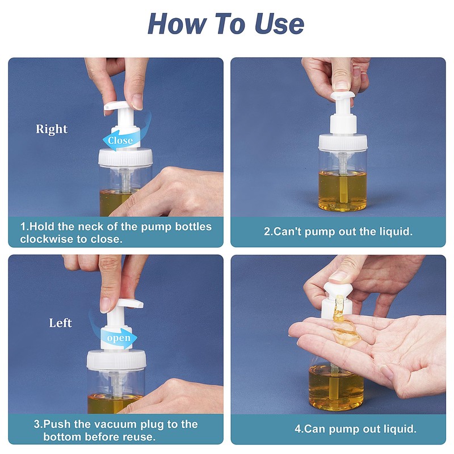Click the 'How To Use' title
pyautogui.click(x=226, y=24)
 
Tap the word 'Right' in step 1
pyautogui.click(x=52, y=129)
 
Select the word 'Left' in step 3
pyautogui.click(x=60, y=323)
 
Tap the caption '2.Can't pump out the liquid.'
pyautogui.click(x=338, y=232)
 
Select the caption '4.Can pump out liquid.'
pyautogui.click(x=355, y=428)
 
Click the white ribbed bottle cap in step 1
pyautogui.click(x=125, y=157)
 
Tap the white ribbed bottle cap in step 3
pyautogui.click(x=116, y=360)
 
